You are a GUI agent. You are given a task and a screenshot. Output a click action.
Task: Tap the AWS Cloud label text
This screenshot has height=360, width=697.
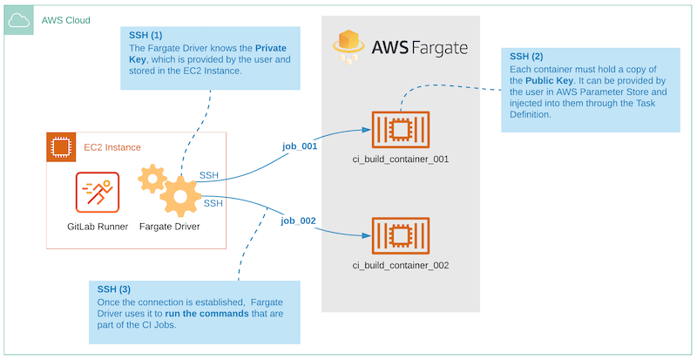coord(65,20)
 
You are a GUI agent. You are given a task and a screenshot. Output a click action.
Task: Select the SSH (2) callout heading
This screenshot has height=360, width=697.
coord(528,55)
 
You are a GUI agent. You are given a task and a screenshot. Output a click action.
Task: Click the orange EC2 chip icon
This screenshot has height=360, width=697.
coord(62,147)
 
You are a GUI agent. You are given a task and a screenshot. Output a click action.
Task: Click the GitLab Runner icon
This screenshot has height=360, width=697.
coord(98,193)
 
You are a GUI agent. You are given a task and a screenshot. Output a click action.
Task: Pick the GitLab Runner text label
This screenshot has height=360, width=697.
coord(98,227)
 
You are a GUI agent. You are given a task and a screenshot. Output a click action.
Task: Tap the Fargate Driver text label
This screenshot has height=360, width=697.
coord(170,227)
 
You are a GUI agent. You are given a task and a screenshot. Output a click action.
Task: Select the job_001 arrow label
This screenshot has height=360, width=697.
coord(299,146)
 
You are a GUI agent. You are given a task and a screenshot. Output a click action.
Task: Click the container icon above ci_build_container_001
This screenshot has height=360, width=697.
coord(400,130)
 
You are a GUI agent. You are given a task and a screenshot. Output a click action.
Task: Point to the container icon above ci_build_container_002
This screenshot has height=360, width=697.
coord(400,234)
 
